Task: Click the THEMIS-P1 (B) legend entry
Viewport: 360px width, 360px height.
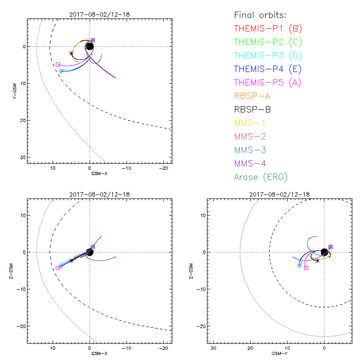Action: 268,29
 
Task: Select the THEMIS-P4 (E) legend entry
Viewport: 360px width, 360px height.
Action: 268,69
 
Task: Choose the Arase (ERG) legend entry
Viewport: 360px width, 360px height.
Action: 261,177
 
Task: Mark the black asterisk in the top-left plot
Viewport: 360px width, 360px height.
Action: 72,54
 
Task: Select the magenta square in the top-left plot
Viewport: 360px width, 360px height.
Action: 58,65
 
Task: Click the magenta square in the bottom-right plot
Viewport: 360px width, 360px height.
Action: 306,268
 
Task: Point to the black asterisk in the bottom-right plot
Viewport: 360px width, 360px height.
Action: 317,260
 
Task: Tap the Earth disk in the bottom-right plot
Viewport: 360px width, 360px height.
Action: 324,252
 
